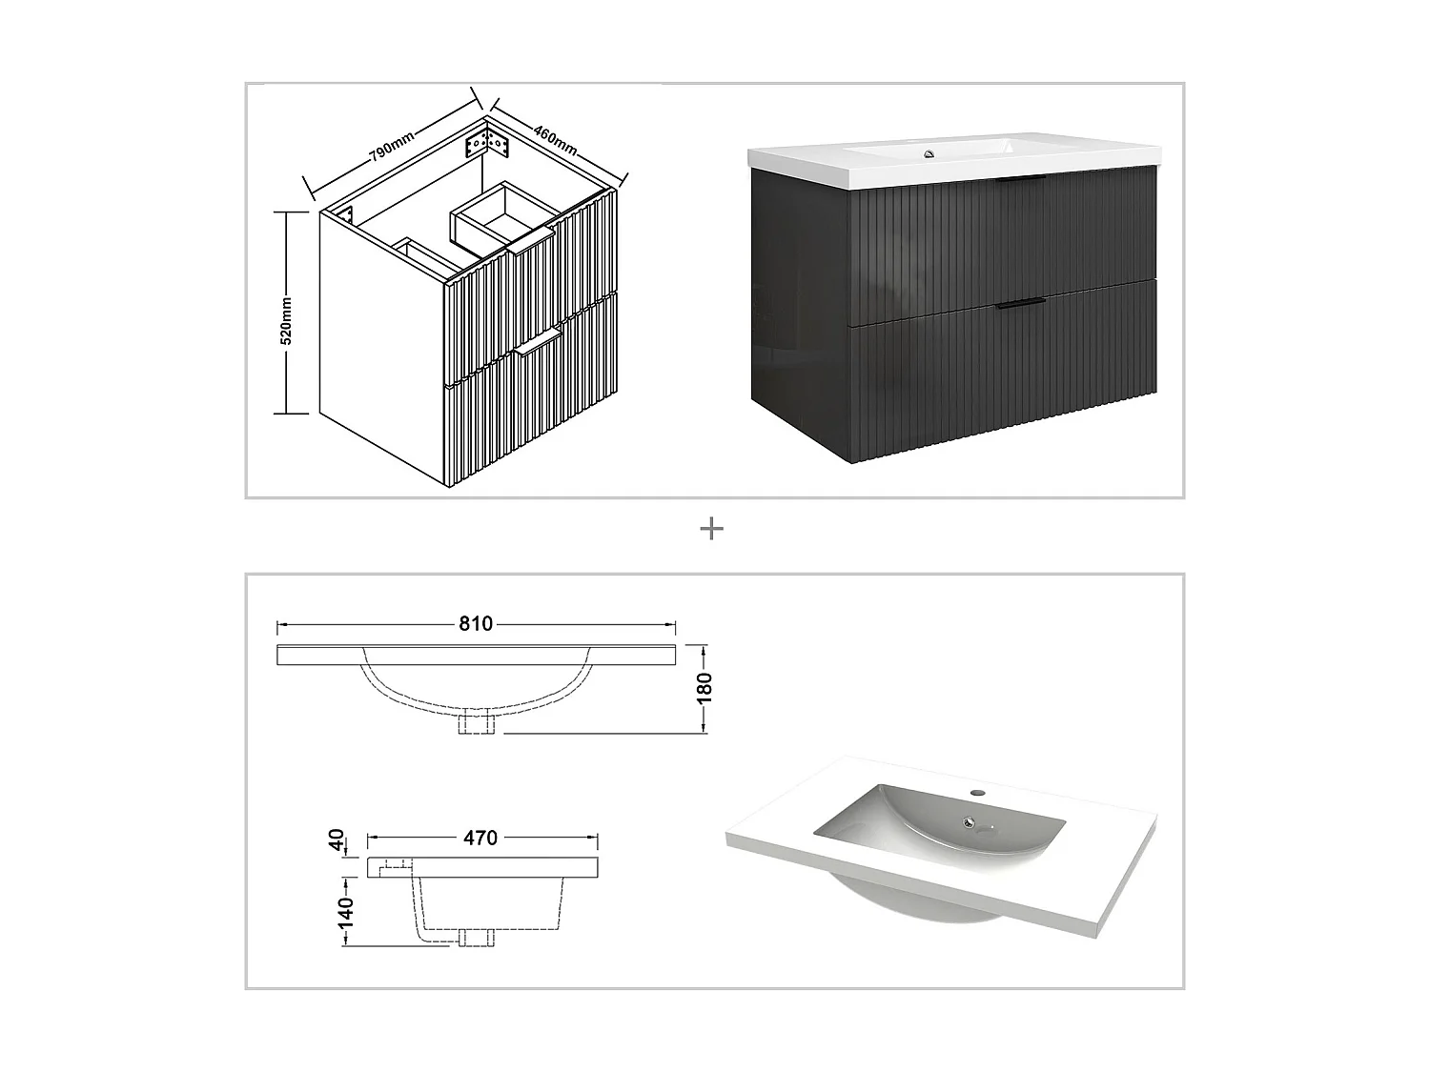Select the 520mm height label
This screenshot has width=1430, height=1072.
(287, 321)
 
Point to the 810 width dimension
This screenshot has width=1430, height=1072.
(476, 624)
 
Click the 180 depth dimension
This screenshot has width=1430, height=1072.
(705, 688)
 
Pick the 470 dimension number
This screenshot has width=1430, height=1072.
(480, 838)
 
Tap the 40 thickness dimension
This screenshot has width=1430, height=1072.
(336, 840)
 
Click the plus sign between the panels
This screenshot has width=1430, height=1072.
(711, 529)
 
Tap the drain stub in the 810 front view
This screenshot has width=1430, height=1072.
(477, 723)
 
